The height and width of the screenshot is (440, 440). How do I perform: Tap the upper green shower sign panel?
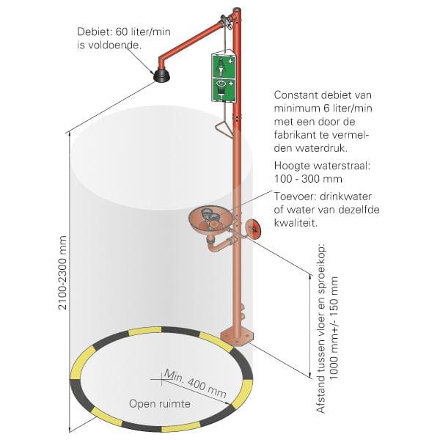pyautogui.click(x=222, y=65)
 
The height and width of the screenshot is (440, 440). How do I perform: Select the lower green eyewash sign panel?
pyautogui.click(x=222, y=89)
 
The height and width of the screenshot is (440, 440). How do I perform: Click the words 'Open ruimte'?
pyautogui.click(x=160, y=403)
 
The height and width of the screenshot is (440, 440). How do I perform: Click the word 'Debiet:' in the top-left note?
pyautogui.click(x=93, y=32)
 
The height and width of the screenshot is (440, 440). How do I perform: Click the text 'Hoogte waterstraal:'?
pyautogui.click(x=322, y=166)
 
